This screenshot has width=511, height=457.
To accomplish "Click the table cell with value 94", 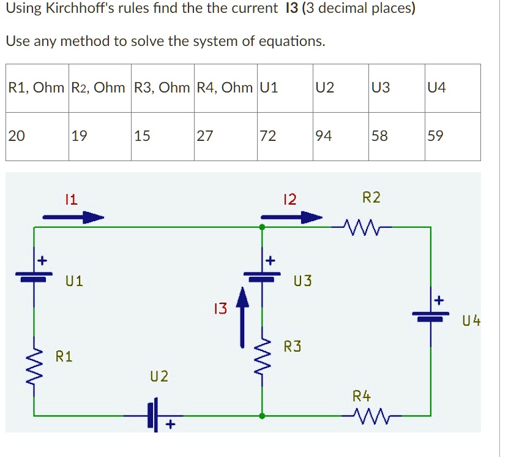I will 340,136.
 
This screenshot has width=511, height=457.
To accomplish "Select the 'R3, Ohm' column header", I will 162,88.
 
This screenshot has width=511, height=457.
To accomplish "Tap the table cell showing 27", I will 225,136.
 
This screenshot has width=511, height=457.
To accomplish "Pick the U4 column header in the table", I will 452,88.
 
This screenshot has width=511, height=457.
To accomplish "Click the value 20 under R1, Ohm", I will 37,136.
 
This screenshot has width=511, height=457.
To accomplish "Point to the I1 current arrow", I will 73,216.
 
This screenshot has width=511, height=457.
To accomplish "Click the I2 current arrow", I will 291,216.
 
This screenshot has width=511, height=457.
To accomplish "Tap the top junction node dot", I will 263,227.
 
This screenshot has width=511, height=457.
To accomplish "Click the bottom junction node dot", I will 263,416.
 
